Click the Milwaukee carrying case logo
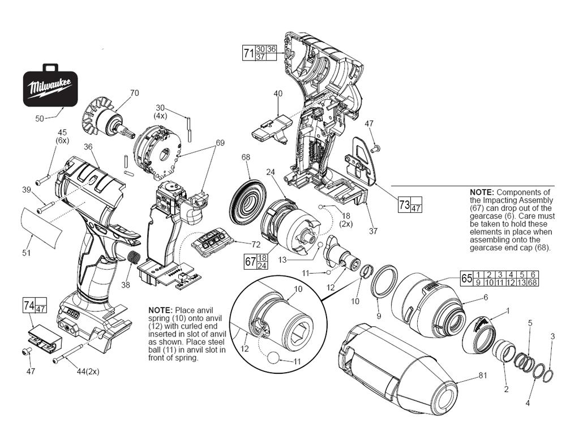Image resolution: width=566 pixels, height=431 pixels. click(x=50, y=88)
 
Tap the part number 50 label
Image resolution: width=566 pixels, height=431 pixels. click(x=40, y=118)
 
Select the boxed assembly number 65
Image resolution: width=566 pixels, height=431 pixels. click(x=466, y=279)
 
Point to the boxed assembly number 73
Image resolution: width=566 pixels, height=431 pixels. click(x=404, y=204)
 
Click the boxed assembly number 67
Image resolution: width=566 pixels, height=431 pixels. click(x=250, y=261)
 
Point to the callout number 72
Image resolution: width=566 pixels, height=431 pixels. click(x=256, y=244)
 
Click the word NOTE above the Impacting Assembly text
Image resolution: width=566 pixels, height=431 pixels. click(x=482, y=193)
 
